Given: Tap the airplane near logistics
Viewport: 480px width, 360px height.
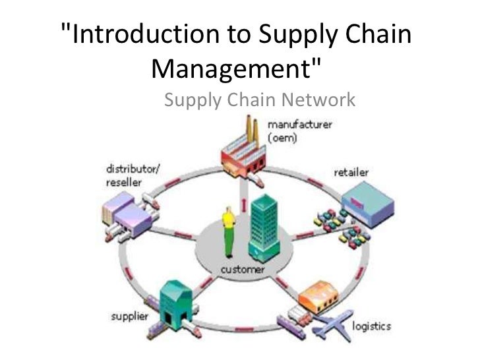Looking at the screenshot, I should tap(334, 328).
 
